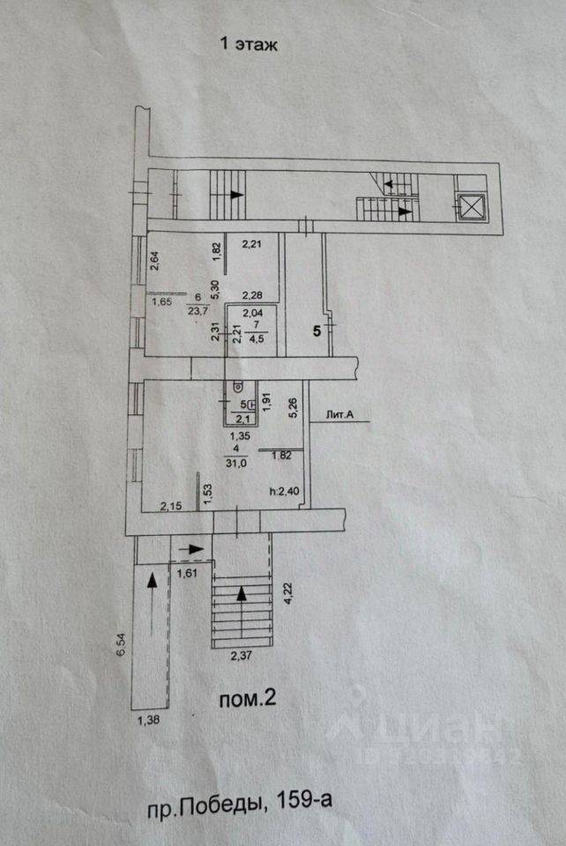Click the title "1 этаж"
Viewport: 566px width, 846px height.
click(x=248, y=45)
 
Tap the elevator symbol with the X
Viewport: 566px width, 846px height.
click(x=472, y=207)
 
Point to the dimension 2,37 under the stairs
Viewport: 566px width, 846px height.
click(x=241, y=655)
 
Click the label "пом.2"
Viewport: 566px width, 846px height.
click(x=248, y=700)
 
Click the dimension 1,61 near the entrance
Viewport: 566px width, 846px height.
click(x=188, y=574)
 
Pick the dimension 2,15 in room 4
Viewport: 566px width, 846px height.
click(x=170, y=506)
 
